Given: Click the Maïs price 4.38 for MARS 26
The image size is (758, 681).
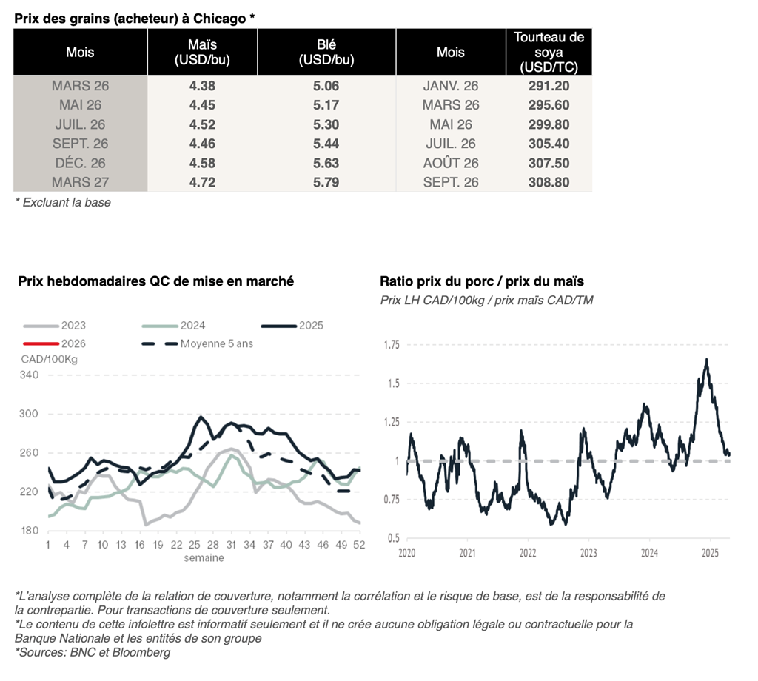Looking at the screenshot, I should (202, 86).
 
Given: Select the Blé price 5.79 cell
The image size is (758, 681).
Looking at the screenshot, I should (326, 182).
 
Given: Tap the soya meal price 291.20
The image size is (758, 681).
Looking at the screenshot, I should (549, 86).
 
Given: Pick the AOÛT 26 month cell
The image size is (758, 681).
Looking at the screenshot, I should (451, 163).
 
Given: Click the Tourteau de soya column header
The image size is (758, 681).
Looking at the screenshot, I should (549, 52).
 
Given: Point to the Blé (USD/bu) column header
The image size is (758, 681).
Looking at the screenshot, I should (326, 53).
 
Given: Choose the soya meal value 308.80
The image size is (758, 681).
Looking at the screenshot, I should (549, 182).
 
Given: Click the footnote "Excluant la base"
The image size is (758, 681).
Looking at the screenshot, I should (66, 202).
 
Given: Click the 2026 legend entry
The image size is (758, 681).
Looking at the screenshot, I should (73, 343).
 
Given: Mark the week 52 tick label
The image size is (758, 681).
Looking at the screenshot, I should (358, 545).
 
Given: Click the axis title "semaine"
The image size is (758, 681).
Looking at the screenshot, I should (204, 557).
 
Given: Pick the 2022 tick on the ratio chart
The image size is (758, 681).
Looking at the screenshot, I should (528, 552).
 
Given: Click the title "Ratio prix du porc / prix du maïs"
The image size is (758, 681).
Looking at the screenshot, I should (482, 281).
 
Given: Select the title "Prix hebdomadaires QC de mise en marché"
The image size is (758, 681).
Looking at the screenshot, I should (156, 281).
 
